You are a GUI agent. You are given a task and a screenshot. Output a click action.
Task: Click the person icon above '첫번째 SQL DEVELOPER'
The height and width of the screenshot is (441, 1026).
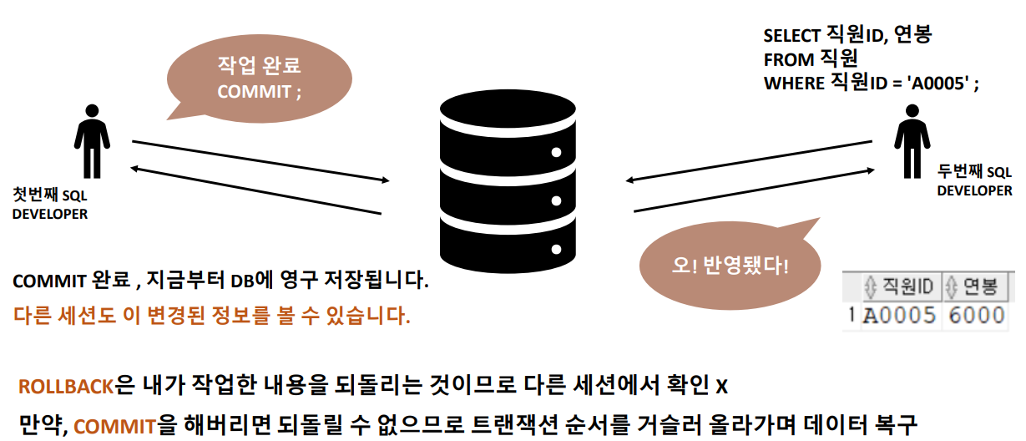point(92,140)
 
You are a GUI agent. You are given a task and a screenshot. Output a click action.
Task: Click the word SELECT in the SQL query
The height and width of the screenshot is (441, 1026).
point(794,36)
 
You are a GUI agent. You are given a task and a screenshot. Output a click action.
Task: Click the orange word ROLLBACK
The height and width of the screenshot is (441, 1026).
point(67,387)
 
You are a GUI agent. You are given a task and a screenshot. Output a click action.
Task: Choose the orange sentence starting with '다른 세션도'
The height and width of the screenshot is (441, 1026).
point(212,317)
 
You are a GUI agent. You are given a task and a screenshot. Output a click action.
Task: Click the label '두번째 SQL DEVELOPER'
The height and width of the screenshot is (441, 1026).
point(974,181)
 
